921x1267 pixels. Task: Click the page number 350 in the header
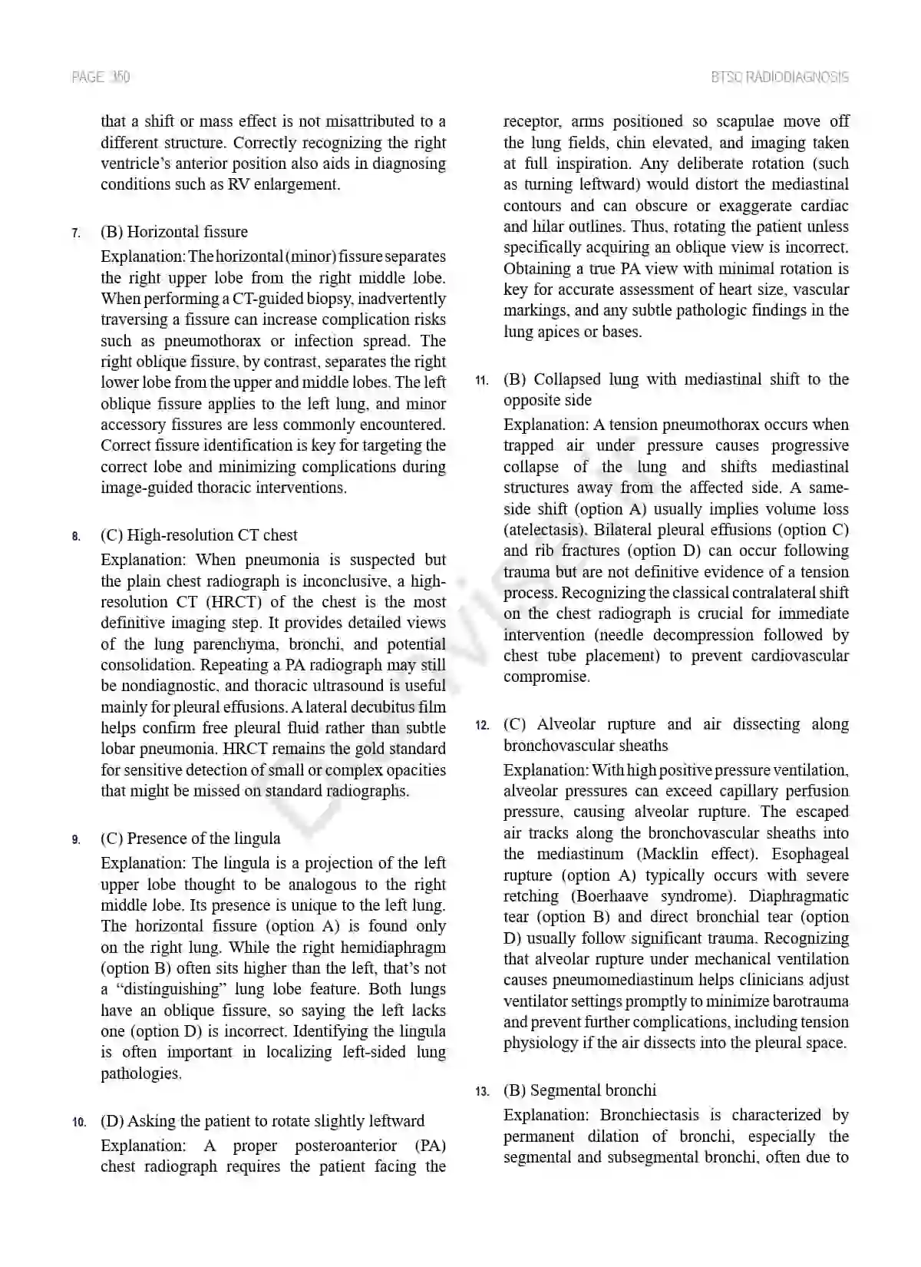click(120, 77)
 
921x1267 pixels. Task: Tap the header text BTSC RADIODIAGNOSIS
click(780, 77)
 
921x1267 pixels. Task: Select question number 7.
click(75, 233)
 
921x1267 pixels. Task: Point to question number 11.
click(481, 380)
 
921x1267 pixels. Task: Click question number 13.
click(481, 1091)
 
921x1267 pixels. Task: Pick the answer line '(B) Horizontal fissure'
click(174, 232)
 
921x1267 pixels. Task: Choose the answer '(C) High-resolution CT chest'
click(199, 535)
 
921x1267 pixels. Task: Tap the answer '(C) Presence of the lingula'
click(190, 839)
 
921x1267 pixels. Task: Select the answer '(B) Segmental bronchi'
click(579, 1090)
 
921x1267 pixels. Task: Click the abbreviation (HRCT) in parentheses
click(234, 602)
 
